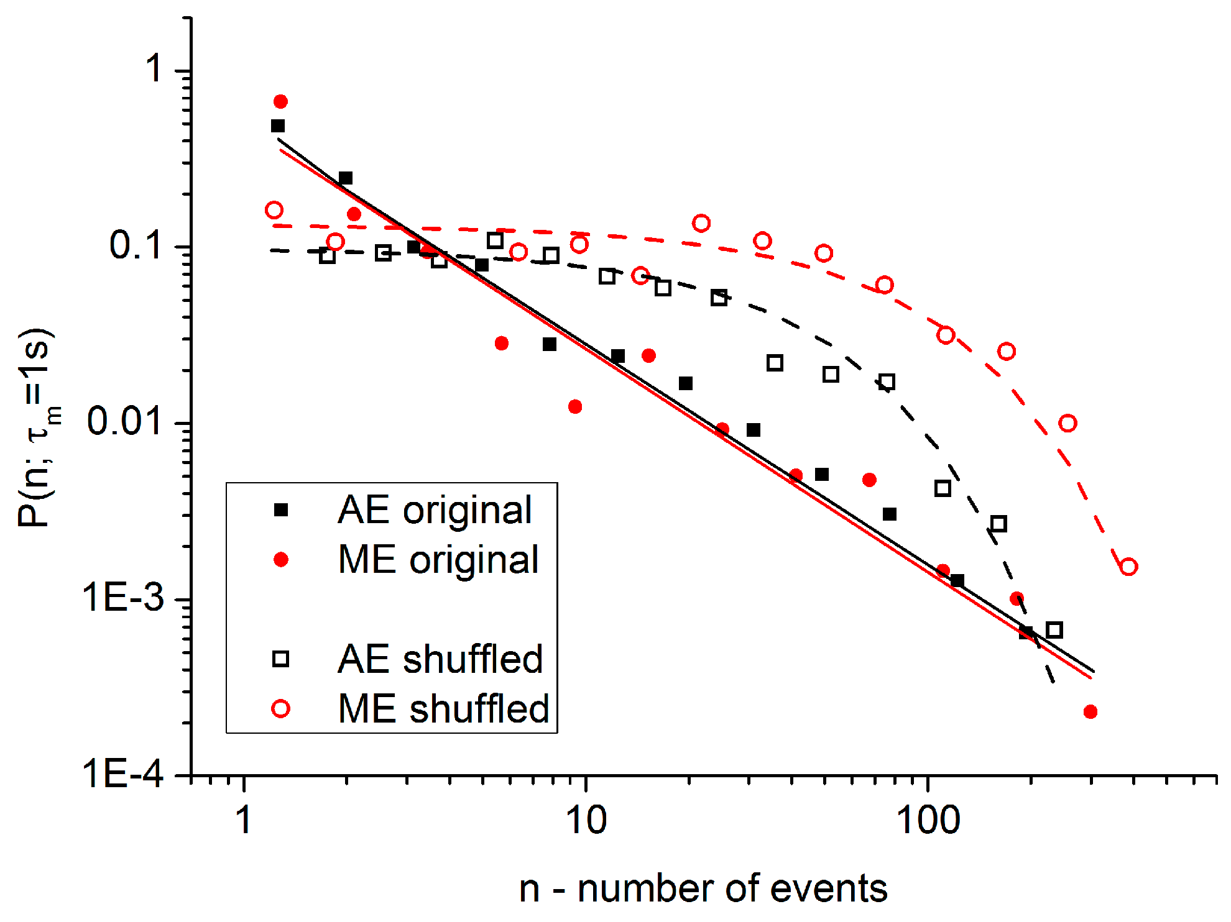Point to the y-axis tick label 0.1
point(136,245)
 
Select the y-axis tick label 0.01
point(125,421)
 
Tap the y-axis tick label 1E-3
point(122,598)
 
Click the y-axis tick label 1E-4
point(122,774)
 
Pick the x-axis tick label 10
point(586,821)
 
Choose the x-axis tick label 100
point(928,821)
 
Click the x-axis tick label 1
point(244,821)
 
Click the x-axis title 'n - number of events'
point(703,888)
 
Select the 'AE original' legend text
point(435,510)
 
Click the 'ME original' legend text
point(438,560)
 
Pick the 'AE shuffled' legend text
point(440,659)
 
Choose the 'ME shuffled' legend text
point(443,709)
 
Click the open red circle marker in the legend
point(281,709)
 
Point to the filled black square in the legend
point(281,510)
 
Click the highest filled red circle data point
point(280,101)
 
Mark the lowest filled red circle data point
point(1090,712)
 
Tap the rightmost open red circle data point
point(1128,567)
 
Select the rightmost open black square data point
point(1054,630)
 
